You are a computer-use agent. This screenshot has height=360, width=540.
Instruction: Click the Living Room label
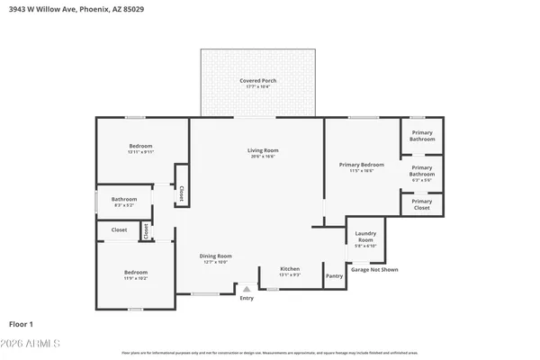pos(264,150)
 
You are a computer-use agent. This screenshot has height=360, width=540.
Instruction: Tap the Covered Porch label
pos(257,81)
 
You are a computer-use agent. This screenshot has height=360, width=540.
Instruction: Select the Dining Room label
pos(215,256)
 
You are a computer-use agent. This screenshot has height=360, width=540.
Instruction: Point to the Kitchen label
pos(290,268)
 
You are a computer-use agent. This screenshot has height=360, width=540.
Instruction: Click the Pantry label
pos(334,275)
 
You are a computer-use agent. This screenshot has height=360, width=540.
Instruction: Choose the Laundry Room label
pos(365,238)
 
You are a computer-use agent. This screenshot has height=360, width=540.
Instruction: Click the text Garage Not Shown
pos(374,269)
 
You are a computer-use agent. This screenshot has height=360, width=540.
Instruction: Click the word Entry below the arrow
pos(247,298)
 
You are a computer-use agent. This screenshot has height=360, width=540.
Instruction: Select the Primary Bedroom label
pos(362,165)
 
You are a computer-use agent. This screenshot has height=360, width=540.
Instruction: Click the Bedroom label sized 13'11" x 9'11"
pos(140,146)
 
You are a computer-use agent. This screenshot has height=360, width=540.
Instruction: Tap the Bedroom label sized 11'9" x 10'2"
pos(136,272)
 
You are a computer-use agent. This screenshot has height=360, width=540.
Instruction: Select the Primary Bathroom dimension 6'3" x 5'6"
pos(421,180)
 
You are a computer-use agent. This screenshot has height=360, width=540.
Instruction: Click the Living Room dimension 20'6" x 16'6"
pos(264,157)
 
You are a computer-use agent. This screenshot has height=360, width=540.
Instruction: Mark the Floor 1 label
pos(21,322)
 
